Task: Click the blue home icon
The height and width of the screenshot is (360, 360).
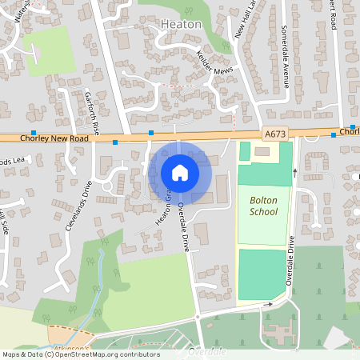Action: click(x=179, y=173)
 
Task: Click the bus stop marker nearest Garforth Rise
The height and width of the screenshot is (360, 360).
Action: click(x=115, y=142)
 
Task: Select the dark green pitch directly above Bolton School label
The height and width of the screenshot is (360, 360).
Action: click(x=265, y=174)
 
